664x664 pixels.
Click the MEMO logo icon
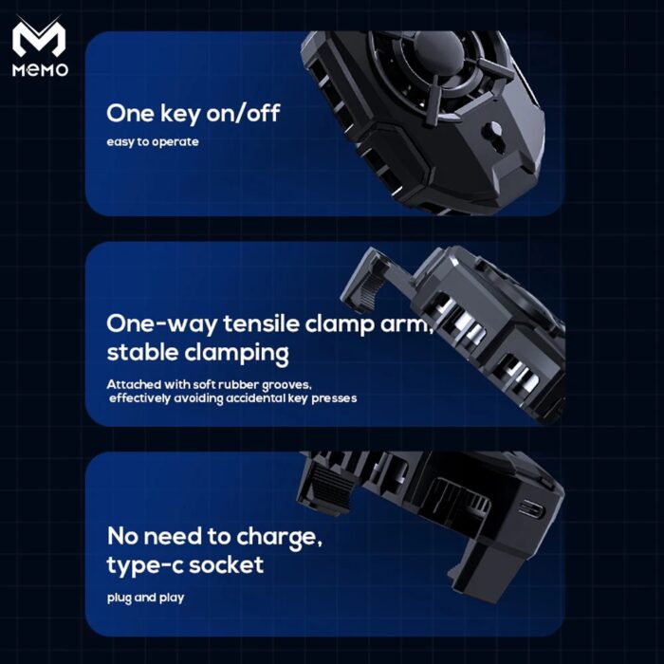[x=39, y=41]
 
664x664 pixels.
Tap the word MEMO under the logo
[x=39, y=72]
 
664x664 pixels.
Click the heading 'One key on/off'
[x=194, y=113]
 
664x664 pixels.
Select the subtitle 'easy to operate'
[x=152, y=142]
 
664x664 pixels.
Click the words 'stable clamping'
[x=197, y=354]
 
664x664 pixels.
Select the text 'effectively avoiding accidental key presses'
[x=233, y=398]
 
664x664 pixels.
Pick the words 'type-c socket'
[x=185, y=566]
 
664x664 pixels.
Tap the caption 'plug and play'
[x=145, y=598]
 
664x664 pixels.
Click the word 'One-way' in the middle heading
[x=157, y=323]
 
